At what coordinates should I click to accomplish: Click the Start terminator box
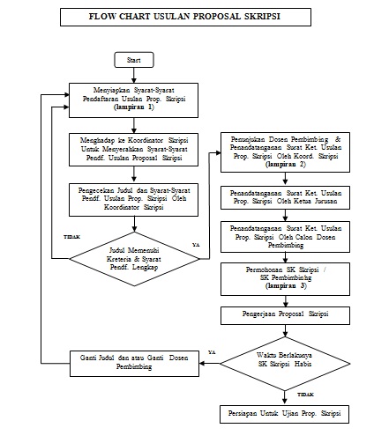click(134, 60)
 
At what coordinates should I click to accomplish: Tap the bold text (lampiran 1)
click(134, 107)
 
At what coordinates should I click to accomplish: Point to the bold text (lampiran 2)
click(286, 165)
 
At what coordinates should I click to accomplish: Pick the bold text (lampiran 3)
click(286, 285)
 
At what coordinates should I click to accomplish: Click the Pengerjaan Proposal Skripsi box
click(285, 315)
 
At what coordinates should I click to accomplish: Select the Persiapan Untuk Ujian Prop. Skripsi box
click(284, 414)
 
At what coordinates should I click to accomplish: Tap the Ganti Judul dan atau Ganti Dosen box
click(134, 364)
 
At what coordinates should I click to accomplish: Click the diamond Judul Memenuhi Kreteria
click(134, 259)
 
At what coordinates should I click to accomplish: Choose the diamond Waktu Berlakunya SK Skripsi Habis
click(285, 364)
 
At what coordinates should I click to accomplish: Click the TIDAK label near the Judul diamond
click(71, 237)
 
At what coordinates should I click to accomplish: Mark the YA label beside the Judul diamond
click(196, 245)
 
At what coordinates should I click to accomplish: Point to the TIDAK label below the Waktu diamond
click(305, 395)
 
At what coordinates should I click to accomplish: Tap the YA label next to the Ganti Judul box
click(212, 352)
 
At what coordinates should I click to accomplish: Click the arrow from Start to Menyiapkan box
click(134, 76)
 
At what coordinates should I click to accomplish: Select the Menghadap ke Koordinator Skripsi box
click(133, 150)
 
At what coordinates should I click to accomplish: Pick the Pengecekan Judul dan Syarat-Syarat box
click(133, 200)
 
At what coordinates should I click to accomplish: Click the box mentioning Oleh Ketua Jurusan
click(285, 197)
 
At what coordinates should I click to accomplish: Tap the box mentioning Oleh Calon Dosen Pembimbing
click(285, 237)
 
